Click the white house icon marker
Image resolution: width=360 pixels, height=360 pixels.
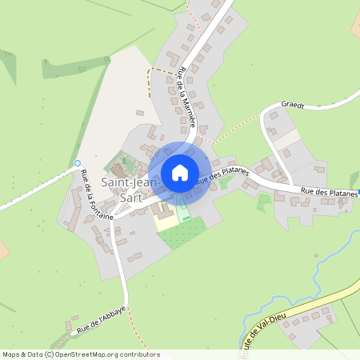(180, 173)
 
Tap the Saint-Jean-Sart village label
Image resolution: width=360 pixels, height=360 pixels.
(124, 190)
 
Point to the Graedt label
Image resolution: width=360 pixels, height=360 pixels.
(294, 105)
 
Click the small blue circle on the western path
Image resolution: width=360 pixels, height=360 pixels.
(78, 163)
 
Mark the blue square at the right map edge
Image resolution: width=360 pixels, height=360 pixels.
(358, 192)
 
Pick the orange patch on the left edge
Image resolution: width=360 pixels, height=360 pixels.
(2, 248)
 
